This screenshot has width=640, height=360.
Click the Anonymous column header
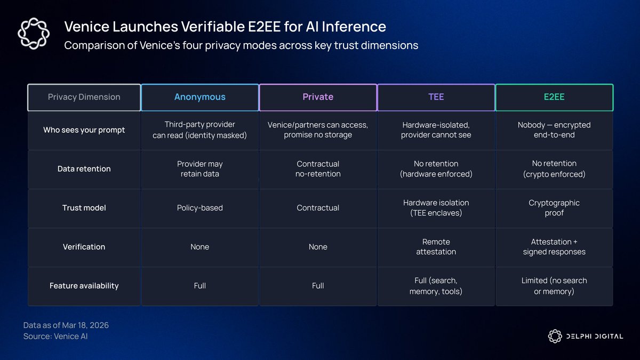[x=199, y=97]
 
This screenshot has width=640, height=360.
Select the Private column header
[x=318, y=97]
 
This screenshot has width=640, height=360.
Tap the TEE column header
[x=436, y=97]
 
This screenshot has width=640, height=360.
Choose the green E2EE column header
[x=554, y=97]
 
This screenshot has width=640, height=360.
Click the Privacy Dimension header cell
[x=84, y=97]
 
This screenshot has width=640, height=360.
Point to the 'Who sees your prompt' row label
[x=84, y=130]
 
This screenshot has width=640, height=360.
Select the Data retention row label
[x=84, y=169]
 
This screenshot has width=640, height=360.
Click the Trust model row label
[x=84, y=207]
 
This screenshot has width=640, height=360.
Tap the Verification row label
[x=84, y=247]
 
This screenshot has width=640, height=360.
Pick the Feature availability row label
[x=84, y=286]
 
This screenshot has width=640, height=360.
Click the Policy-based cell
[x=199, y=207]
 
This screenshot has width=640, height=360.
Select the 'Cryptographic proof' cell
[x=554, y=207]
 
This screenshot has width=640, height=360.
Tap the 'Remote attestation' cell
[x=436, y=247]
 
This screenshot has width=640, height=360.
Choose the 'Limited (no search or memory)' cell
[x=554, y=286]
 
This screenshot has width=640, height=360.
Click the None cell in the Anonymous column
[x=199, y=247]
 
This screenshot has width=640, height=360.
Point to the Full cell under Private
[x=318, y=286]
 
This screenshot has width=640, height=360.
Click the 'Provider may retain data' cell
[x=199, y=169]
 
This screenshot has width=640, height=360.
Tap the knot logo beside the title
[x=34, y=34]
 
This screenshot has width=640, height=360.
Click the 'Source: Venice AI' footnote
[x=55, y=337]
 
